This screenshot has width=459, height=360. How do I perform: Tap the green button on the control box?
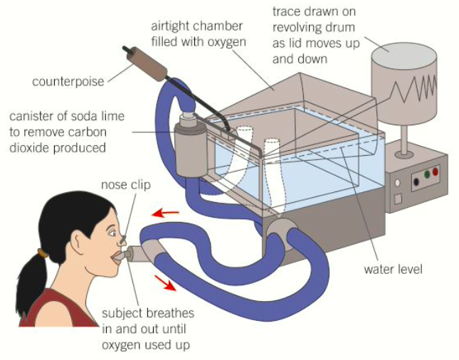(426, 173)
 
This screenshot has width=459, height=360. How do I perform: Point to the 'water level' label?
(393, 269)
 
